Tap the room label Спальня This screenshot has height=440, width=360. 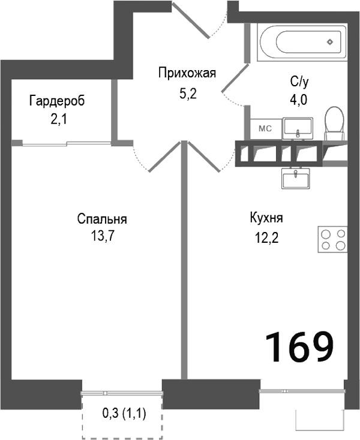click(x=102, y=219)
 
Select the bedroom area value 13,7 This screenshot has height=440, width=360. click(x=102, y=235)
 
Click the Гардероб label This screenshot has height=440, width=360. click(x=57, y=101)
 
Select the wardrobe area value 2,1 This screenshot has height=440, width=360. click(x=58, y=119)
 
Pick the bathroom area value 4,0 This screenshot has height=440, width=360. click(x=298, y=99)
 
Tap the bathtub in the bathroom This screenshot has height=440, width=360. click(x=303, y=42)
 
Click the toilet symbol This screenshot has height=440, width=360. click(x=333, y=123)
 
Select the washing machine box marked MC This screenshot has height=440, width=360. click(x=265, y=128)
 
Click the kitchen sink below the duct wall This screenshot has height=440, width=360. click(x=297, y=177)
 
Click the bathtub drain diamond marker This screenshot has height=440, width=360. click(x=330, y=41)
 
